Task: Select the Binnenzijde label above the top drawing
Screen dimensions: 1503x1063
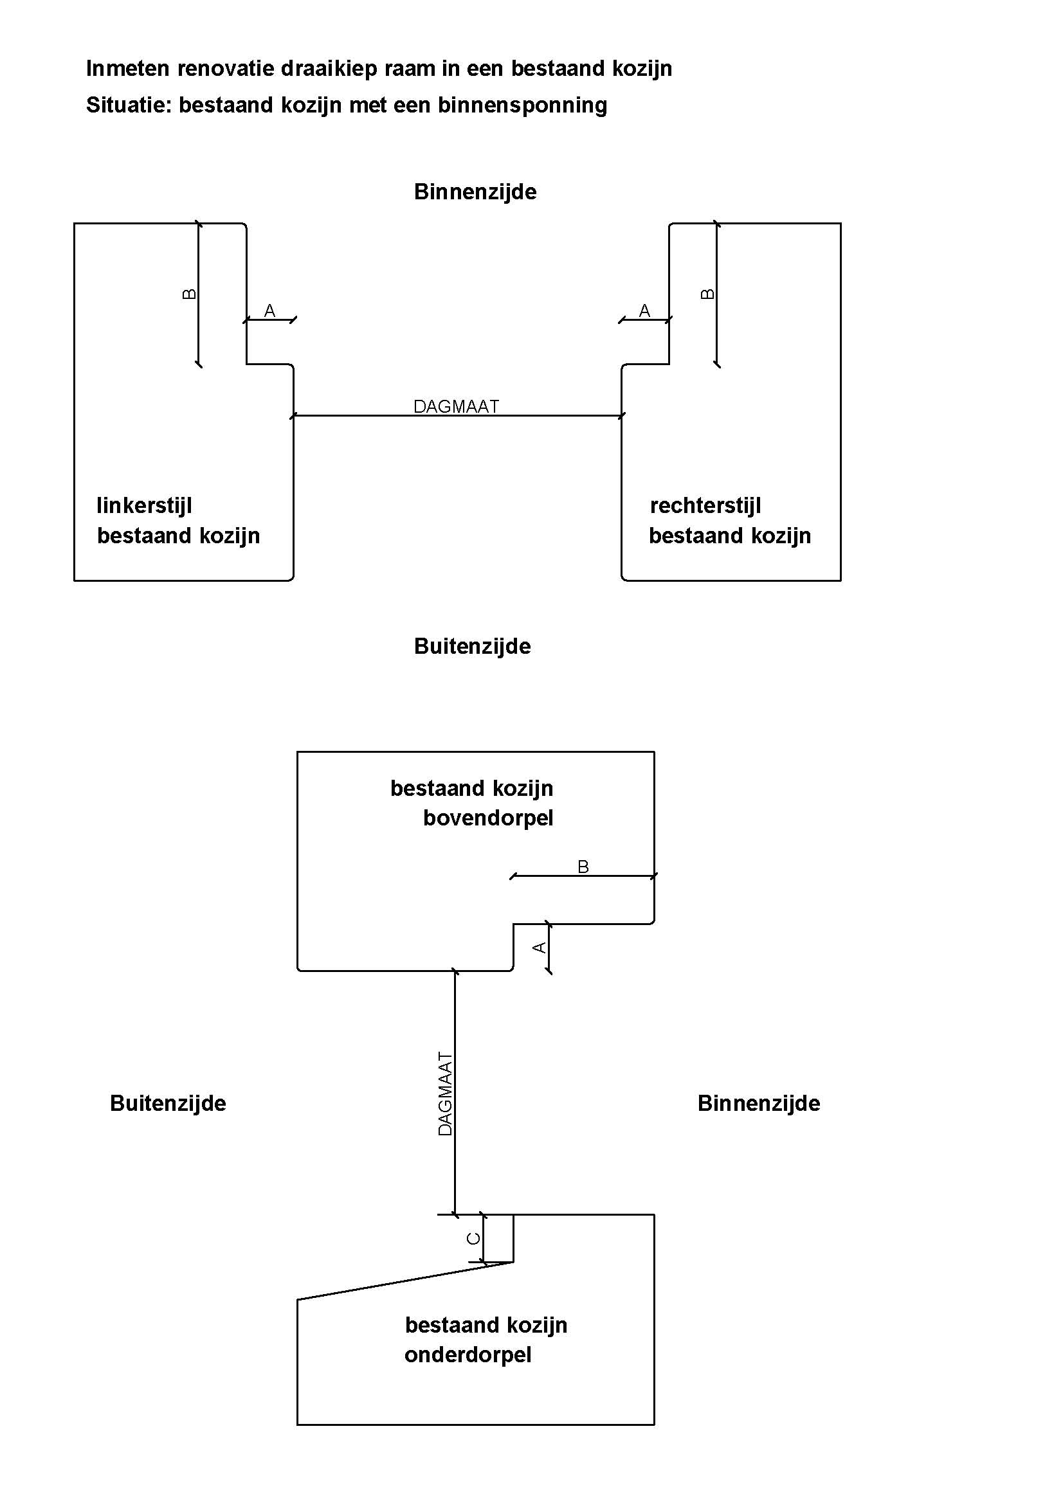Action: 475,192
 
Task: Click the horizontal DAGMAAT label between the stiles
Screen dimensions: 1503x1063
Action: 456,406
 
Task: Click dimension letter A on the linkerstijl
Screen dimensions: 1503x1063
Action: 269,310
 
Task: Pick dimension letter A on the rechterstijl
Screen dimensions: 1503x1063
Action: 644,310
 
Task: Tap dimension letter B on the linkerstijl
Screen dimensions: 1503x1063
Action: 188,294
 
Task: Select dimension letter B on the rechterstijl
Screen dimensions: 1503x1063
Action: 707,294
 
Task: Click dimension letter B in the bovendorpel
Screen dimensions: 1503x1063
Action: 583,867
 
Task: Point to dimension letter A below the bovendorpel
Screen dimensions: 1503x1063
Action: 539,947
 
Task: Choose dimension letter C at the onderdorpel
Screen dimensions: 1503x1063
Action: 473,1239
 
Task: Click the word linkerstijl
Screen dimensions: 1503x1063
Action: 144,505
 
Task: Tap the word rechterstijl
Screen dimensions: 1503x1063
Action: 705,505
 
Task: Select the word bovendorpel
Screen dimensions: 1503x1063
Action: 488,818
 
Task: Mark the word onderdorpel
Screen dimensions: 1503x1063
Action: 468,1354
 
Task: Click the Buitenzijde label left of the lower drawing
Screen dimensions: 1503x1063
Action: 168,1103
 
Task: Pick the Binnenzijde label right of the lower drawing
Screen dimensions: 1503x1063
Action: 758,1103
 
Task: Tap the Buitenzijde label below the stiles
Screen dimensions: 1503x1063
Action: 472,646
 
